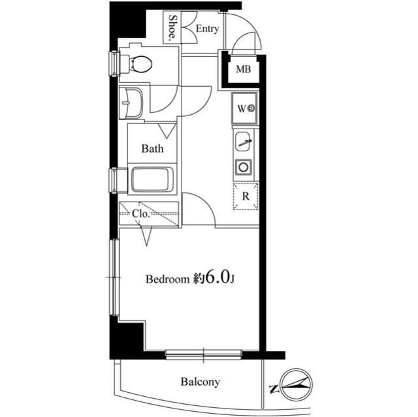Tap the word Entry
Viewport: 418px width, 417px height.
(208, 29)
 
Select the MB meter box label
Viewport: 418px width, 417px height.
(244, 69)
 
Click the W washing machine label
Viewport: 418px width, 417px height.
(241, 108)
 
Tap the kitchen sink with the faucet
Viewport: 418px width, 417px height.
(243, 141)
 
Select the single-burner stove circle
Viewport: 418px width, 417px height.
(244, 167)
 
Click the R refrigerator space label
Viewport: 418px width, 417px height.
(246, 196)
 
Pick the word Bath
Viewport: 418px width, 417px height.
(152, 149)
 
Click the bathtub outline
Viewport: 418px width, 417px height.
(151, 179)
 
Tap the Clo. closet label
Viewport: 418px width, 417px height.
(140, 214)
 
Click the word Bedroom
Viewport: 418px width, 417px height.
(167, 279)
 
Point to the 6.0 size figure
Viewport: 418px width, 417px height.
(217, 277)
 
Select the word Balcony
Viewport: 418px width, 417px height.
(201, 382)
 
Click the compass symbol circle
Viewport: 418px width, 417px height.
(297, 384)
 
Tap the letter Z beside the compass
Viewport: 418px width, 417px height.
(273, 389)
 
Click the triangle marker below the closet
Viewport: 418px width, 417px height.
(146, 236)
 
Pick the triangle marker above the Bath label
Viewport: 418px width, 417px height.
(167, 131)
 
